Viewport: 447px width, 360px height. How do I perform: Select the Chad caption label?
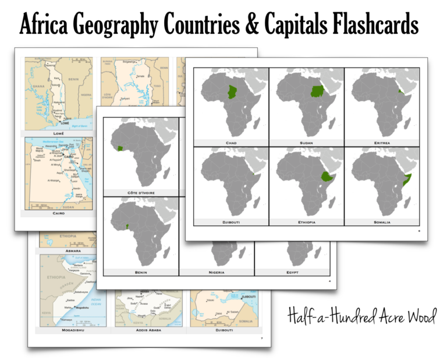click(x=231, y=142)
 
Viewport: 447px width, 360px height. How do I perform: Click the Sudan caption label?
click(x=306, y=142)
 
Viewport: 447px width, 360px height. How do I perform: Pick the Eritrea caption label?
click(x=382, y=142)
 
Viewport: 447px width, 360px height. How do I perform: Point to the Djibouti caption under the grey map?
click(x=231, y=222)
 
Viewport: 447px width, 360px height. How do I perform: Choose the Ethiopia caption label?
click(x=306, y=222)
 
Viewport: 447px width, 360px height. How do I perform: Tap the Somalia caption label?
click(x=382, y=222)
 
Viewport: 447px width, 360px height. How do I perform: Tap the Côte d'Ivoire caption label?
click(x=141, y=192)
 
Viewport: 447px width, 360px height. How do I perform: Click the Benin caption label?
click(x=141, y=271)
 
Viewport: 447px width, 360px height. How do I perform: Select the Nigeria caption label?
click(x=217, y=271)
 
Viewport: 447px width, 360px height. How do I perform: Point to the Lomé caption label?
click(x=58, y=133)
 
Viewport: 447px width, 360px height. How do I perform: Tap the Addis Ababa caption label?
click(x=148, y=330)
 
